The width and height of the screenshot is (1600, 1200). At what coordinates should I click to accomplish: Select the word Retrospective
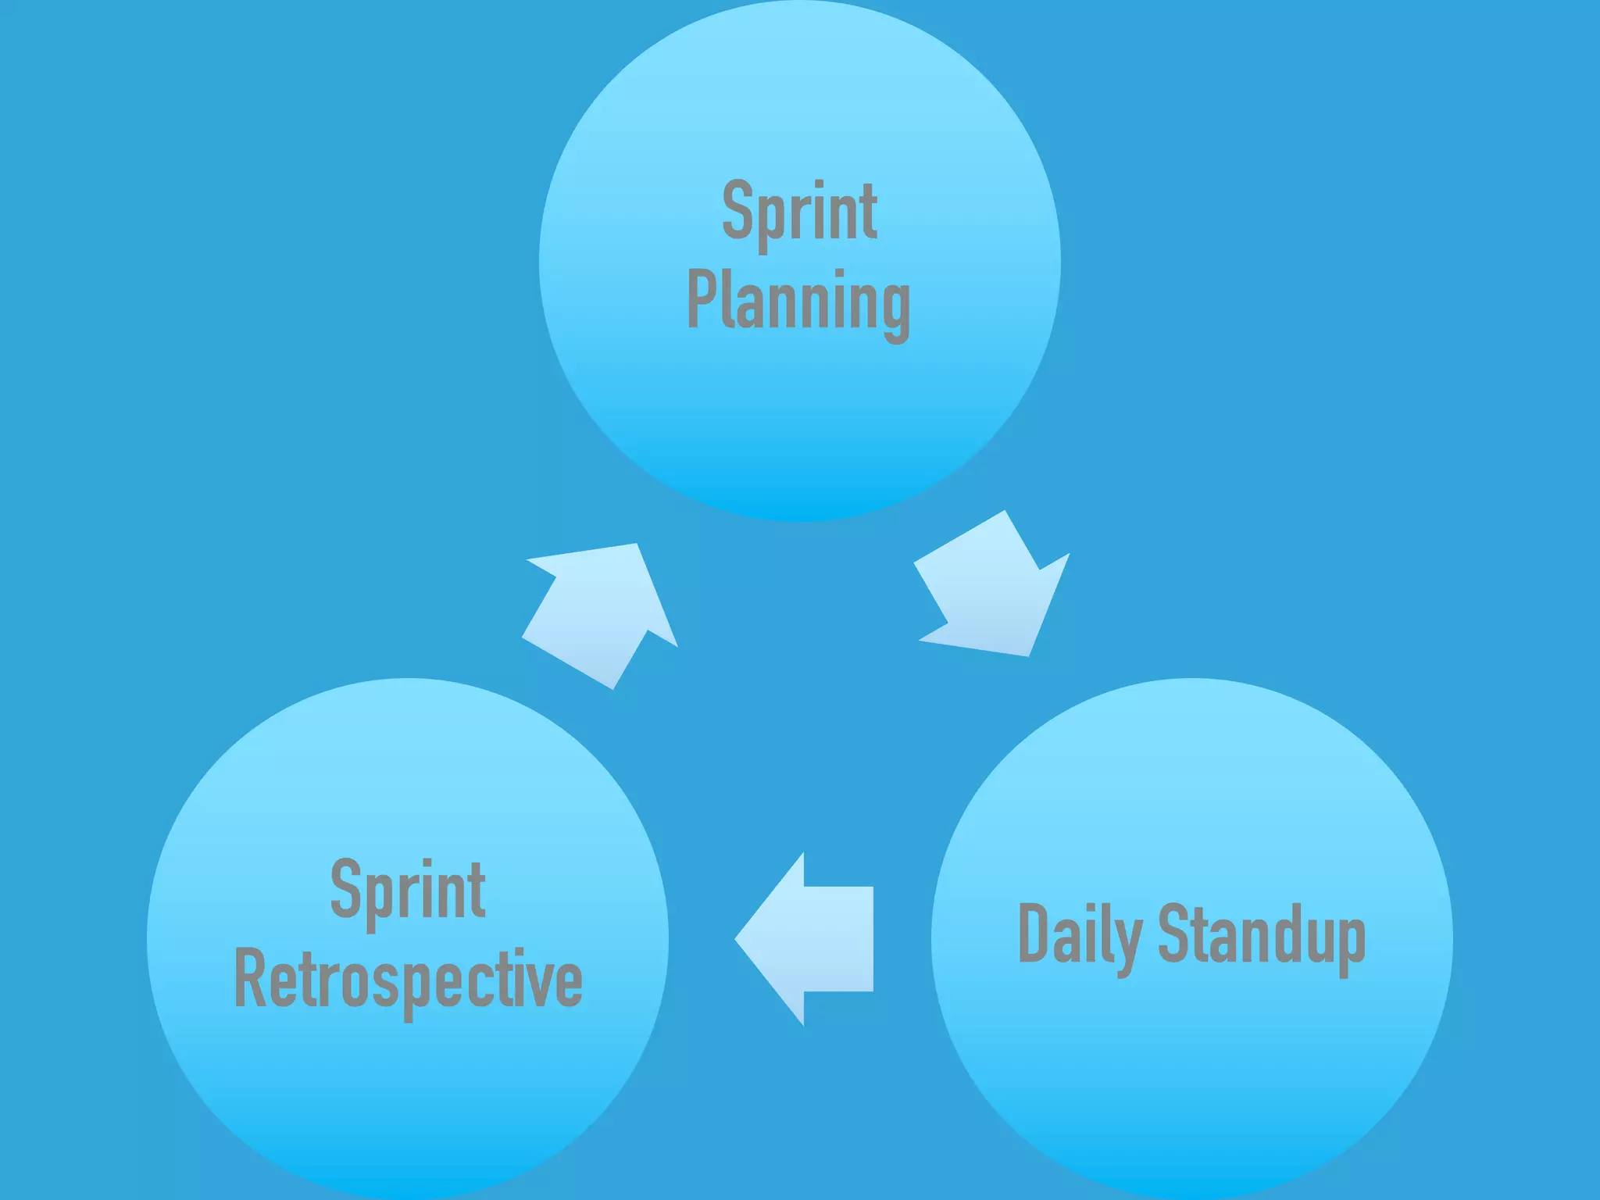click(x=408, y=980)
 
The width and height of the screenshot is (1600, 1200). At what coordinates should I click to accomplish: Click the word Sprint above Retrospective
click(x=408, y=891)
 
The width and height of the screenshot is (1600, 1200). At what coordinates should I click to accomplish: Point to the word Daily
click(x=1080, y=935)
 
